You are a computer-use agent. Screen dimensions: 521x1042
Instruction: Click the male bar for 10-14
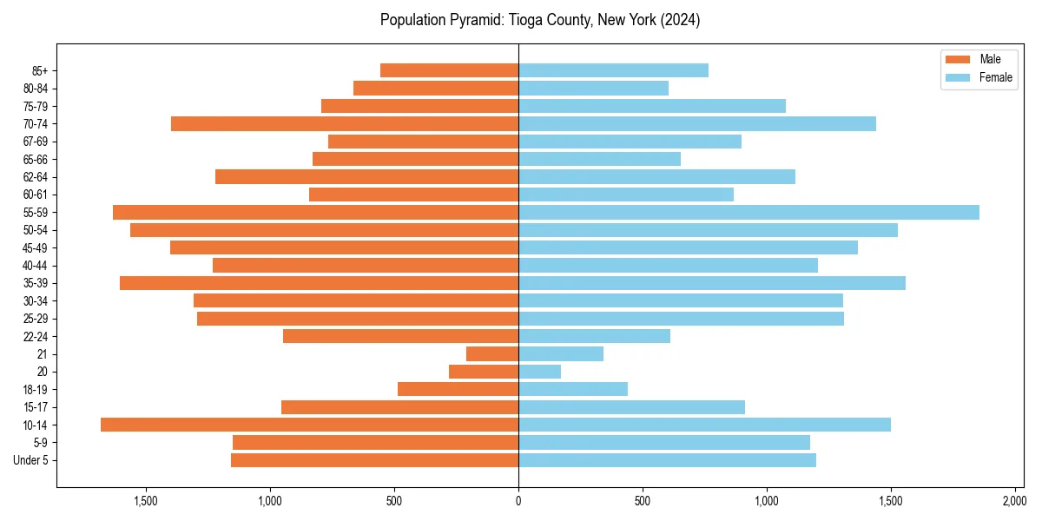click(x=309, y=425)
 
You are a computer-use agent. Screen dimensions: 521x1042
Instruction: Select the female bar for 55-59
click(x=749, y=213)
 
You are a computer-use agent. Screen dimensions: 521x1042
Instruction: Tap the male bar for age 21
click(x=492, y=354)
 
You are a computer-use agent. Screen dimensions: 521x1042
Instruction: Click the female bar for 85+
click(x=613, y=70)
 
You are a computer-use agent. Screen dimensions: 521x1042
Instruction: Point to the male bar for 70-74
click(x=345, y=124)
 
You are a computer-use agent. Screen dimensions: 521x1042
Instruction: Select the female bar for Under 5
click(x=667, y=460)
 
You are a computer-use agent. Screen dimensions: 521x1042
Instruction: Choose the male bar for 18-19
click(x=458, y=389)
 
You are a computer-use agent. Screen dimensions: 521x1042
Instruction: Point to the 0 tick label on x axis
click(x=518, y=501)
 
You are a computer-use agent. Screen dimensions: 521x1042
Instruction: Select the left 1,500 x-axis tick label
click(x=146, y=501)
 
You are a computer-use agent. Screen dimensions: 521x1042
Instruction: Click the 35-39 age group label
click(x=36, y=283)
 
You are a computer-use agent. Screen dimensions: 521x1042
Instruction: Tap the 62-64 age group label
click(x=36, y=177)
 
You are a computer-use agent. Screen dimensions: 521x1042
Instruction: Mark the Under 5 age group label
click(x=31, y=460)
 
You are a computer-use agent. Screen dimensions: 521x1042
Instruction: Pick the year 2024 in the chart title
click(x=682, y=20)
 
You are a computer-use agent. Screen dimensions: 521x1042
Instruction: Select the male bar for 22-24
click(x=400, y=336)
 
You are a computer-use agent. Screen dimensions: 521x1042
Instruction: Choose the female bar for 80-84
click(x=593, y=89)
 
